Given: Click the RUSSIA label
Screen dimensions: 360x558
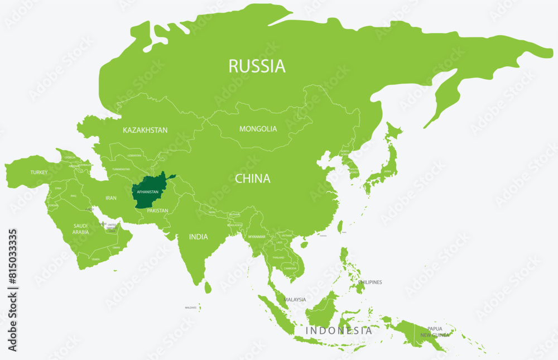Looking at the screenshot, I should (x=257, y=66).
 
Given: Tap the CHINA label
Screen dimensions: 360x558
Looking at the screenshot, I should (x=252, y=179).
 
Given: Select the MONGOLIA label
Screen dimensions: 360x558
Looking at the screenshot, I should (x=258, y=129).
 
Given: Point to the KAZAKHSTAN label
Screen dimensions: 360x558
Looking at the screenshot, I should (x=145, y=130).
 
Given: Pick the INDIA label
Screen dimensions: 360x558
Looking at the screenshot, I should (x=198, y=237).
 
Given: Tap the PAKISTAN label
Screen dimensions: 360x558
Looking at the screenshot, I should (x=157, y=211).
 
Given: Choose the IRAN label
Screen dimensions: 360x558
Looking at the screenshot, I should (x=111, y=198).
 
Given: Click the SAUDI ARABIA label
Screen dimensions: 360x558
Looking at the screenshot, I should (x=80, y=229).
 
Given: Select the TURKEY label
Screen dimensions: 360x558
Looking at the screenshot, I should (x=39, y=172).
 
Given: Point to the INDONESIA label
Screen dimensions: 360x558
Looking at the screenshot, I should (x=339, y=330).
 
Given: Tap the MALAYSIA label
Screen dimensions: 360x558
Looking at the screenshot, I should (x=295, y=300).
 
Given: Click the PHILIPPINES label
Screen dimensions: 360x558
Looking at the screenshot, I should (x=370, y=282).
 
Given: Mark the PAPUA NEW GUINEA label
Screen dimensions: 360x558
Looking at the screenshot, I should (x=435, y=332).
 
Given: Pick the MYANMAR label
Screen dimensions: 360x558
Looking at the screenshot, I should (x=256, y=237).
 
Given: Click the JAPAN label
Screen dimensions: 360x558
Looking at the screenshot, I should (x=386, y=172).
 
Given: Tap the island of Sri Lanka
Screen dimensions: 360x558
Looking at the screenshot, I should (x=208, y=287).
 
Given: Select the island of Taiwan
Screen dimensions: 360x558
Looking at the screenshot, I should (x=340, y=227).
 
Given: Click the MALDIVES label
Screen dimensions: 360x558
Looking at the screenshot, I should (x=191, y=308).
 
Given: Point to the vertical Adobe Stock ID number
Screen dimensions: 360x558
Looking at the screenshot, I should (x=12, y=290).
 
